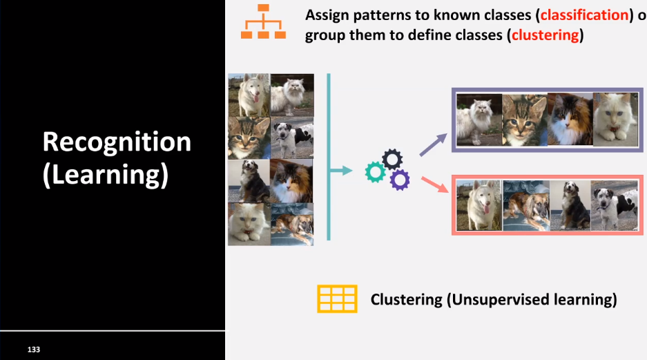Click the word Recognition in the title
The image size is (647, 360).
click(x=117, y=142)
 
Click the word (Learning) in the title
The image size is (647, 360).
click(x=105, y=174)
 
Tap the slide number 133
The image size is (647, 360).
click(x=34, y=350)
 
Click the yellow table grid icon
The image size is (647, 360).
click(x=337, y=299)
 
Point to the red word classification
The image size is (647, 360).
click(x=581, y=15)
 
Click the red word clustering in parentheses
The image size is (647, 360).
click(x=545, y=35)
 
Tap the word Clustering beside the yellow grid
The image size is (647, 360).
click(x=406, y=299)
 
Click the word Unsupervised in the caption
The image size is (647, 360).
click(x=497, y=299)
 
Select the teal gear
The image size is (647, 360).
click(x=375, y=171)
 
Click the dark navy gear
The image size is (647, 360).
click(x=392, y=160)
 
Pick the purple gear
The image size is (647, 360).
click(x=399, y=180)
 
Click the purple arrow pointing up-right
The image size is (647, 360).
click(x=433, y=144)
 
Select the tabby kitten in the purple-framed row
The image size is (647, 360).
click(x=524, y=120)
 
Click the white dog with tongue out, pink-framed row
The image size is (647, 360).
click(x=479, y=205)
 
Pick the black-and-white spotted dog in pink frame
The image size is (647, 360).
click(x=615, y=205)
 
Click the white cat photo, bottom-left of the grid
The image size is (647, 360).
click(x=248, y=223)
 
